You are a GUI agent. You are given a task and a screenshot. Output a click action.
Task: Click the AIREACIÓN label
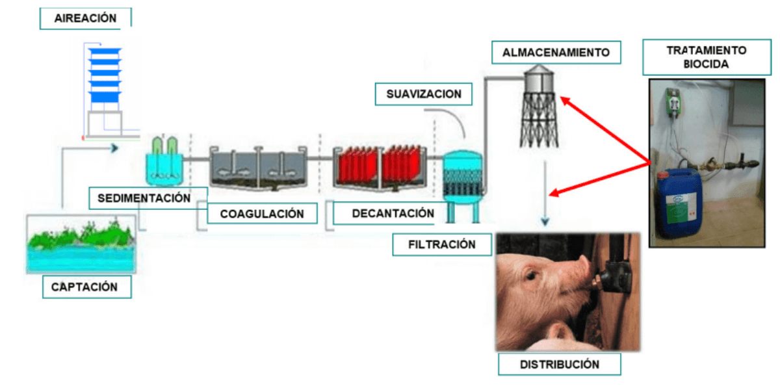pos(85,18)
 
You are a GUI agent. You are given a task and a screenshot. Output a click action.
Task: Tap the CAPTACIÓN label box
pos(86,287)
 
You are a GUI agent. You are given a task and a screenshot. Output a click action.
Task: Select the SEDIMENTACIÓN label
pos(144,198)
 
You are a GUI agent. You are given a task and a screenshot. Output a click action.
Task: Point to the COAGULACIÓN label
pos(262,213)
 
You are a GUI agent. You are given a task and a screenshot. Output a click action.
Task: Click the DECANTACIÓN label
pos(393,213)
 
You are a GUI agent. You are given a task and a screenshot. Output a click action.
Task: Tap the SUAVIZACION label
pos(424,94)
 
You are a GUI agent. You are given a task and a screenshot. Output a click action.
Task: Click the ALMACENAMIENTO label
pos(556,53)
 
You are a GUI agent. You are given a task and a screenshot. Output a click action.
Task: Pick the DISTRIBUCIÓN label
pos(559,364)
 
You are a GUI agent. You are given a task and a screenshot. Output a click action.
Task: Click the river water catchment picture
pos(81,244)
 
